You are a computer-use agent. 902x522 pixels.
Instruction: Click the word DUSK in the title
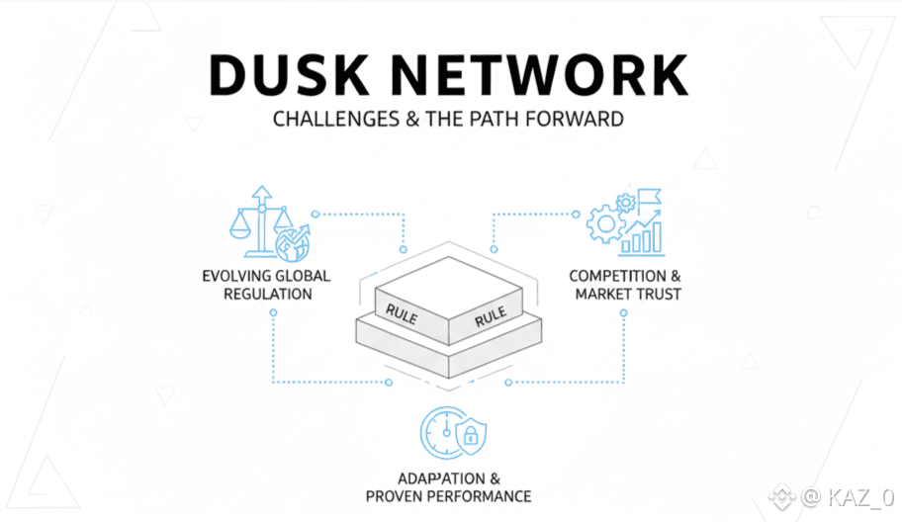coord(300,74)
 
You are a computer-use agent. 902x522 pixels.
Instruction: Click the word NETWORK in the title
coord(543,74)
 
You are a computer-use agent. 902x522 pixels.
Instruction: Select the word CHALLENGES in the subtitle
coord(328,120)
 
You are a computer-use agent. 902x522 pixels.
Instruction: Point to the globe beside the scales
coord(292,240)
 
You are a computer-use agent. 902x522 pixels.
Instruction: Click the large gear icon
coord(605,223)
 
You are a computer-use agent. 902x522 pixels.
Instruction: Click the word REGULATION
coord(265,294)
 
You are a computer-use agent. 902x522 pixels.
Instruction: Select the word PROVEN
coord(394,495)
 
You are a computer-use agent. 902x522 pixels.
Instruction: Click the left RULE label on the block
coord(401,312)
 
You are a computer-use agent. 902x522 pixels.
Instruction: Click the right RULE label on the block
coord(491,316)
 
